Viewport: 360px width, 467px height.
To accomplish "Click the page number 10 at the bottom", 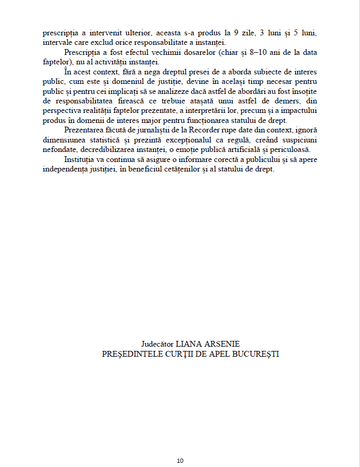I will [180, 461].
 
